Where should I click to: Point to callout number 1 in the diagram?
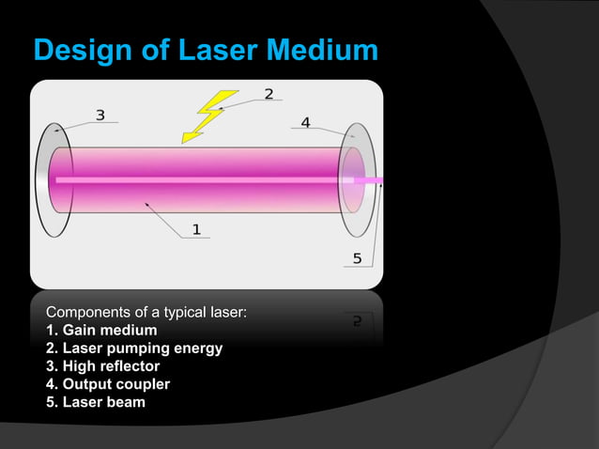(x=196, y=227)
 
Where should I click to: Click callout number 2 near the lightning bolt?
(x=269, y=94)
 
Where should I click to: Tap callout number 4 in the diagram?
(x=306, y=122)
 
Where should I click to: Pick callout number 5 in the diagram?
(x=357, y=258)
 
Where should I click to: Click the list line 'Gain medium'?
(x=101, y=330)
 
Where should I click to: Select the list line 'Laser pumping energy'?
(x=134, y=348)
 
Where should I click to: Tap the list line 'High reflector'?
(x=102, y=366)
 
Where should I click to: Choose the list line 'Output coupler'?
(x=107, y=384)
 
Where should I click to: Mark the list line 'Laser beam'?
(x=95, y=403)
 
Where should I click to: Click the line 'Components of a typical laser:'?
(x=146, y=312)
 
